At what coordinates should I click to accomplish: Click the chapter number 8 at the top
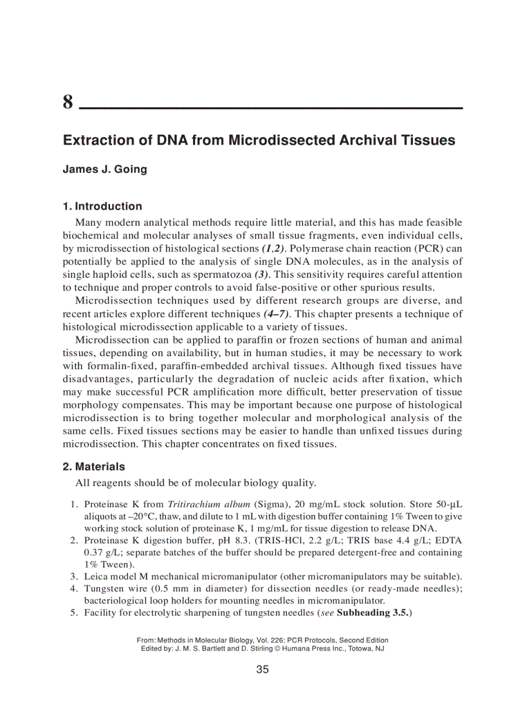68,102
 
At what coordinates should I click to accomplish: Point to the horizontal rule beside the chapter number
270,107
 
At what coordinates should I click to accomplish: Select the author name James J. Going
105,170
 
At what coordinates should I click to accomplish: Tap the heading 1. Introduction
102,206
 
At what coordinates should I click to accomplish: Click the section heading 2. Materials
94,466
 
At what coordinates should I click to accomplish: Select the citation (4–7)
277,314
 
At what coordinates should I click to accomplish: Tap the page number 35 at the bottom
262,670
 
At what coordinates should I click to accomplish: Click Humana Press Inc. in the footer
313,649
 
